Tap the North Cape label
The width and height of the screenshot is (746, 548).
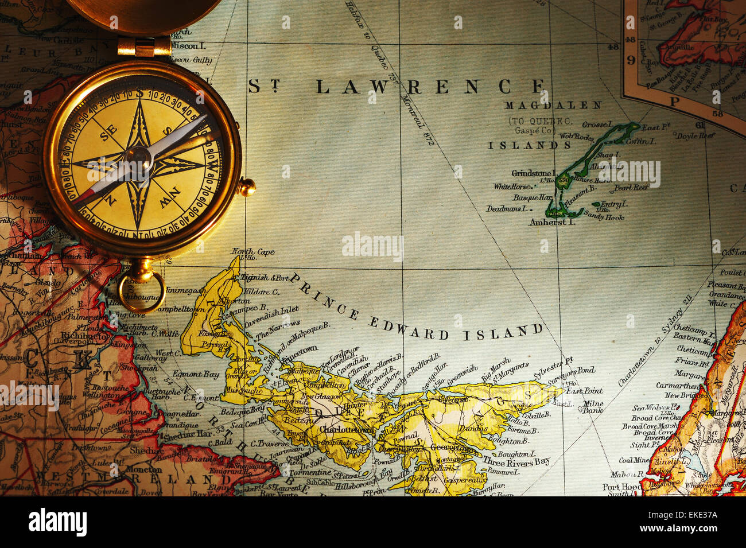pos(252,251)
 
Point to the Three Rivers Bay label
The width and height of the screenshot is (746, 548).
pos(516,461)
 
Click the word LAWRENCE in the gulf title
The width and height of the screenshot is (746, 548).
pos(430,87)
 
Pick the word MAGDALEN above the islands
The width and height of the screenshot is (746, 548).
pos(553,105)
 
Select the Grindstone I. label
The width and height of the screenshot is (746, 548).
pos(533,173)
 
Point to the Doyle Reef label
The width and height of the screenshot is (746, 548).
pos(695,136)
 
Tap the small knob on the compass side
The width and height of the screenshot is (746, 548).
pos(247,187)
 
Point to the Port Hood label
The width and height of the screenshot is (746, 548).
pos(621,487)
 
